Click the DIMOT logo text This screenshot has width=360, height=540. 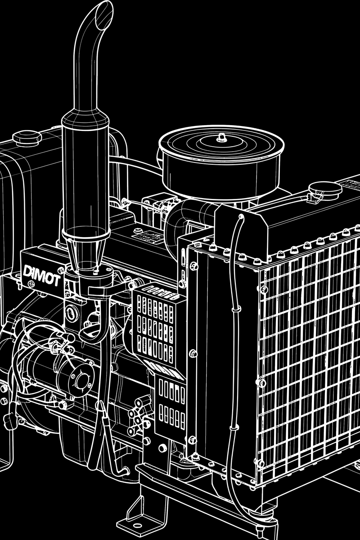pos(41,276)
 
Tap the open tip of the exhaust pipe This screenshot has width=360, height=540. pos(104,15)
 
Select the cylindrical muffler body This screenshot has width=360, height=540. pos(85,174)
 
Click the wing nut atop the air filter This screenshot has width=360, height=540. pos(220,138)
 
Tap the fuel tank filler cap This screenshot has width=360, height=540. pos(27,138)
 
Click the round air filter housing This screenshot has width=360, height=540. pos(221,162)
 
